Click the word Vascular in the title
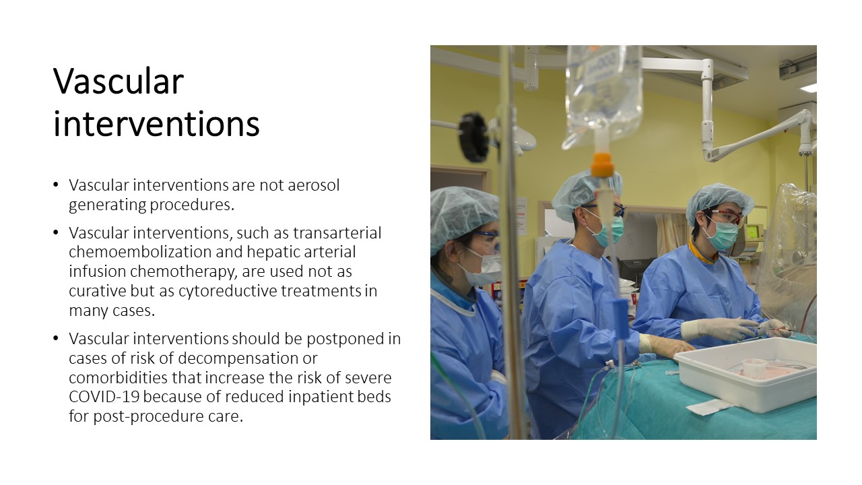tap(118, 81)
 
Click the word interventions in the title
tap(156, 124)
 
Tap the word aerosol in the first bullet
tap(314, 185)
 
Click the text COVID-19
tap(104, 397)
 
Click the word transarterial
tap(337, 233)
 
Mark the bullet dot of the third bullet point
tap(56, 339)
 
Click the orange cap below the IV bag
tap(602, 165)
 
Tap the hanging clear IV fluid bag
tap(603, 96)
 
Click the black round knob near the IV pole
tap(473, 137)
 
